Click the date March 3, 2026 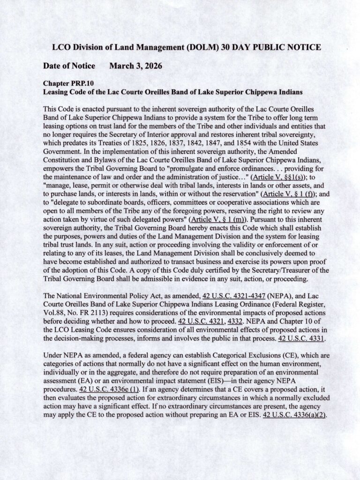point(135,66)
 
